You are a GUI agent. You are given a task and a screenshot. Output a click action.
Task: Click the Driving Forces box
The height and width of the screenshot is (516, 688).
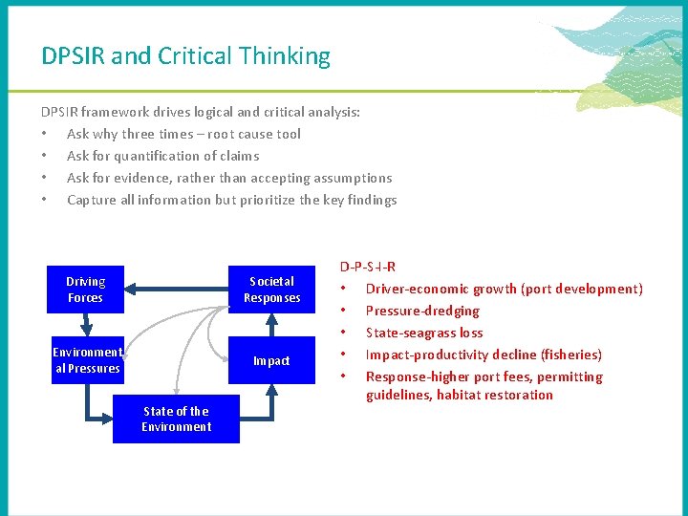85,290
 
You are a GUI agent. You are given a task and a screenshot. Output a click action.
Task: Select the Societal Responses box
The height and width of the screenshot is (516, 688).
271,290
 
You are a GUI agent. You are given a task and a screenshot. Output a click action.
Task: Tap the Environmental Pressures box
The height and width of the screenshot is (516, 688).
87,360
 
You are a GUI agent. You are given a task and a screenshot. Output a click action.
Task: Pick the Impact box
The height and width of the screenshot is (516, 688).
271,361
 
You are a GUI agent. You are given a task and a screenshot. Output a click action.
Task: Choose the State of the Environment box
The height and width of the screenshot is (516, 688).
176,419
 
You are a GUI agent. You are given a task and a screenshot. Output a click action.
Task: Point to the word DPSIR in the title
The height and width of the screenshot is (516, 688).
73,56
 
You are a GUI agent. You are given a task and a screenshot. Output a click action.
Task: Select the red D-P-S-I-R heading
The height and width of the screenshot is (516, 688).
368,267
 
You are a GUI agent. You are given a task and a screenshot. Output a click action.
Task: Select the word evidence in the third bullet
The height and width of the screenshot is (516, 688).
144,178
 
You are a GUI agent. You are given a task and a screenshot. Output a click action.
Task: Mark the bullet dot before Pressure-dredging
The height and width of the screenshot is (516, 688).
344,311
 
